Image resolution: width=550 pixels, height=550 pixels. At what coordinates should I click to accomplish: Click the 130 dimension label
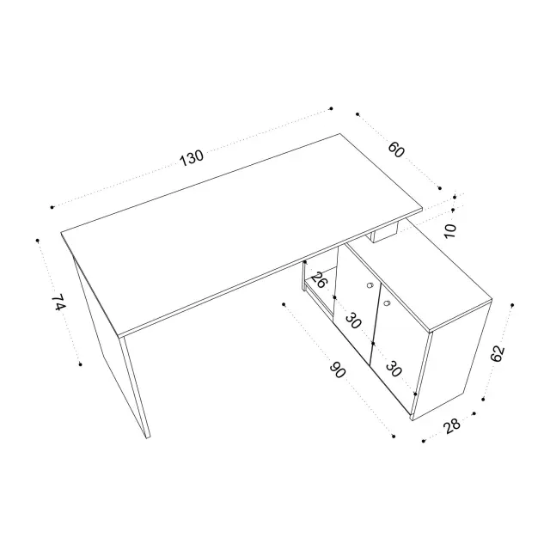point(192,158)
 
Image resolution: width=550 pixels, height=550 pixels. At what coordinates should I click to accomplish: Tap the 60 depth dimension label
point(396,150)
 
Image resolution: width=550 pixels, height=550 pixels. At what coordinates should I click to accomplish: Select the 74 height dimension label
point(58,302)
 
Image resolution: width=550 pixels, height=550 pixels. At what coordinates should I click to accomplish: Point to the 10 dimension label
point(450,231)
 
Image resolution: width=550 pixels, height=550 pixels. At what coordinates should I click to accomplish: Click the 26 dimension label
point(319,280)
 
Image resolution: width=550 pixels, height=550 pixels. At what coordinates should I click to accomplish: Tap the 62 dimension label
point(498,353)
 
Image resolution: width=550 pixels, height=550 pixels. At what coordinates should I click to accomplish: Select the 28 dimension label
point(451,426)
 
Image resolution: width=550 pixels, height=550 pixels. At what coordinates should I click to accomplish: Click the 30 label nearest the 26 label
point(353,321)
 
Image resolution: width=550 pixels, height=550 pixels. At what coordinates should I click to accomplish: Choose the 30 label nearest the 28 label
point(394,369)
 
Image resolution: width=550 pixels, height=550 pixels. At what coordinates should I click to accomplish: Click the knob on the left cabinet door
point(370,285)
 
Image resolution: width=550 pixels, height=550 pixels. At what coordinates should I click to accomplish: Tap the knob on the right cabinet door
point(387,302)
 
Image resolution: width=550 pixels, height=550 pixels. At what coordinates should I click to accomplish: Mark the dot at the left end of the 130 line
point(52,207)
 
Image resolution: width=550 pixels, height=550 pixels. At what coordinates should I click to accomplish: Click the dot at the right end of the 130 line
point(331,109)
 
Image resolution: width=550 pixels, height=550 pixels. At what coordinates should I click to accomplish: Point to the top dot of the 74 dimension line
point(38,241)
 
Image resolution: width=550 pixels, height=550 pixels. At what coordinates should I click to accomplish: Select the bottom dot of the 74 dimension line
point(80,364)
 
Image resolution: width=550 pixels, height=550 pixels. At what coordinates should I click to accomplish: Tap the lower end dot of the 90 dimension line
point(394,437)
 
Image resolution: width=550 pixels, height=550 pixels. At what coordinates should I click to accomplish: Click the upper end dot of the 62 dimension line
point(512,305)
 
